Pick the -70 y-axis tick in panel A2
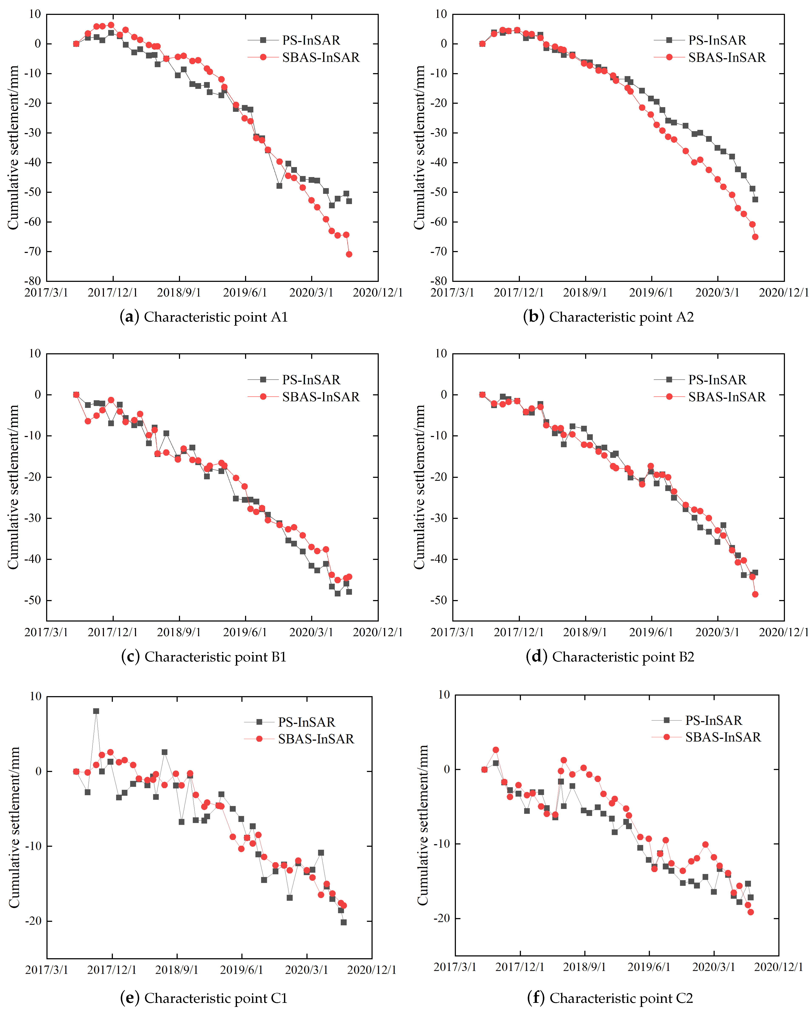439,252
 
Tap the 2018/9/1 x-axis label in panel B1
179,632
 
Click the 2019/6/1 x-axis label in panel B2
651,632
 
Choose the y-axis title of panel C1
14,827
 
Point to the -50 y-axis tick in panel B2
439,600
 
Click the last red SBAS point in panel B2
755,594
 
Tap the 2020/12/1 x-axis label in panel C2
779,967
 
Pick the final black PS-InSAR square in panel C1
343,922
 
